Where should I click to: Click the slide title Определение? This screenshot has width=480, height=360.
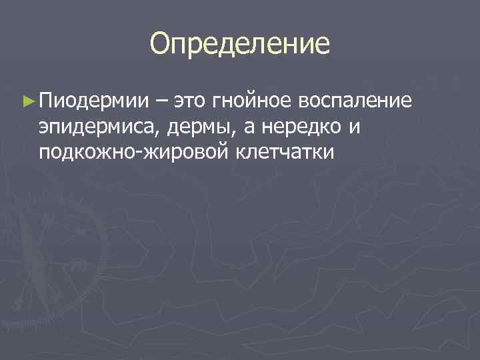pos(239,44)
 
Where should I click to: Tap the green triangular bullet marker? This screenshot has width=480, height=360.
pos(27,101)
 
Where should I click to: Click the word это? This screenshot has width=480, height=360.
pos(190,101)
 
